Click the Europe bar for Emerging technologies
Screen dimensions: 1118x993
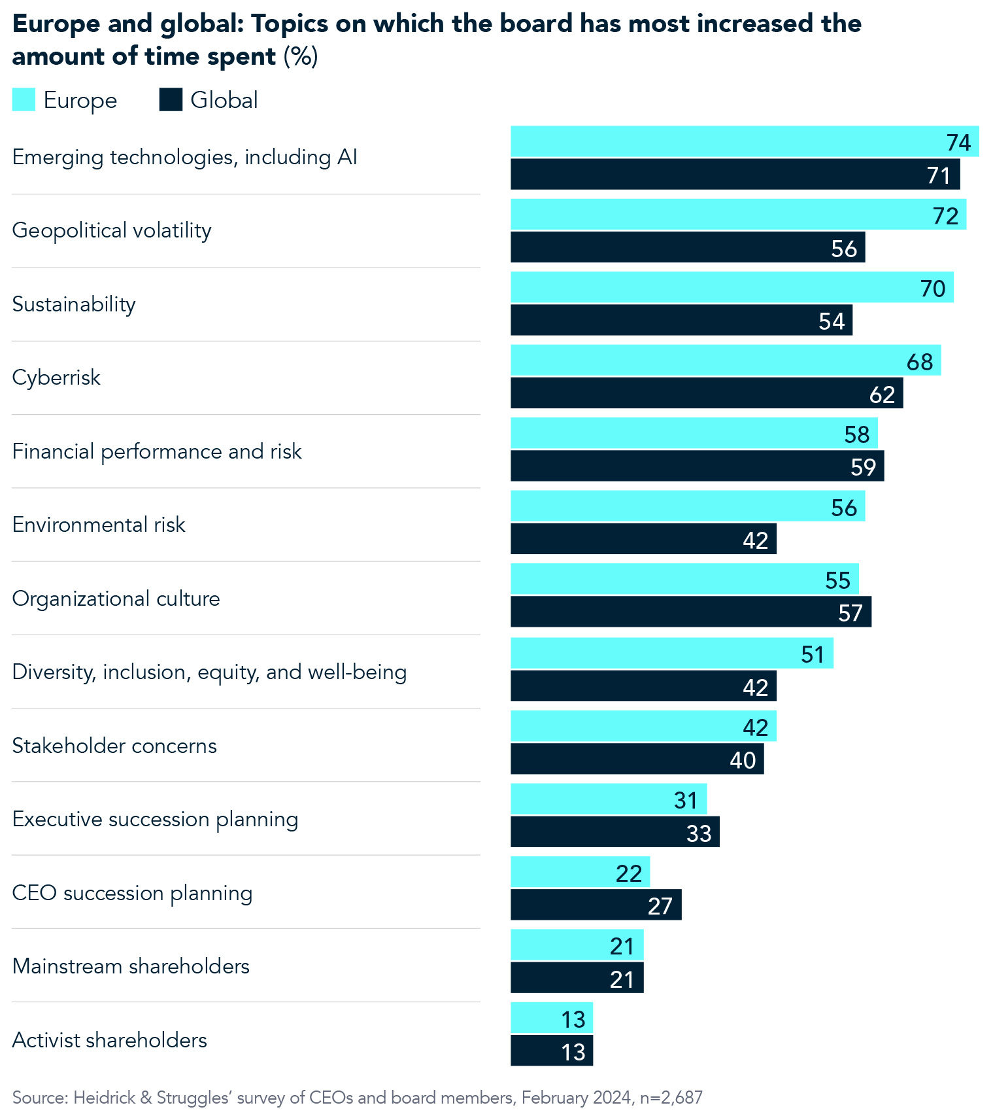744,141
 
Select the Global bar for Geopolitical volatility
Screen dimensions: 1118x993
687,247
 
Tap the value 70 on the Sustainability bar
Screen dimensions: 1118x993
932,288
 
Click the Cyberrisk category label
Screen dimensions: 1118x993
56,377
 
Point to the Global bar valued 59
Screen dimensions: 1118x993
697,466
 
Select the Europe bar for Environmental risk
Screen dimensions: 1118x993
687,506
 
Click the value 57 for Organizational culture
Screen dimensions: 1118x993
850,613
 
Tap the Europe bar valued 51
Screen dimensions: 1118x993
671,654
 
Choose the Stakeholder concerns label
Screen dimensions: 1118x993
114,746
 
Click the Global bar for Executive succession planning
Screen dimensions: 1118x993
614,832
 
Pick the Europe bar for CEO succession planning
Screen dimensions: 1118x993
580,872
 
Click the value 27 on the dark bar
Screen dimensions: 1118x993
660,906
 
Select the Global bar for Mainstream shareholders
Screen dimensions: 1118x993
577,978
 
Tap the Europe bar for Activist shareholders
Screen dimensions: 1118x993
551,1019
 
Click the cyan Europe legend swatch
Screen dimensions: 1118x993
24,100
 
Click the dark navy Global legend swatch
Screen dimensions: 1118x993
171,100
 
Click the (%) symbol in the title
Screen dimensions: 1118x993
301,56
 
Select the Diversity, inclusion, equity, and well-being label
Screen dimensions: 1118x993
209,672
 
